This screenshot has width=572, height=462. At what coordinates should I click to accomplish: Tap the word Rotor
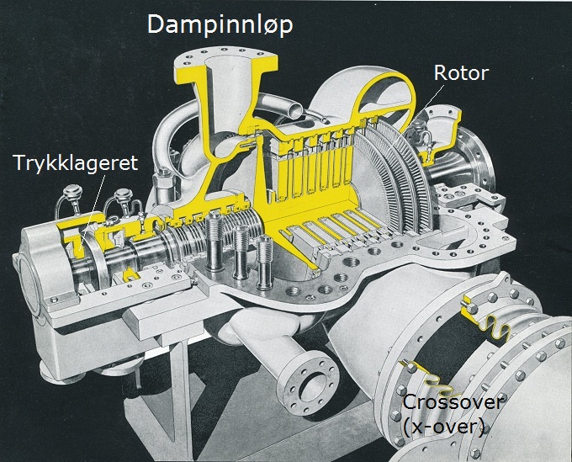coord(461,74)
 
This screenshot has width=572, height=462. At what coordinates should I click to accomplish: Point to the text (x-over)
coord(443,427)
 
